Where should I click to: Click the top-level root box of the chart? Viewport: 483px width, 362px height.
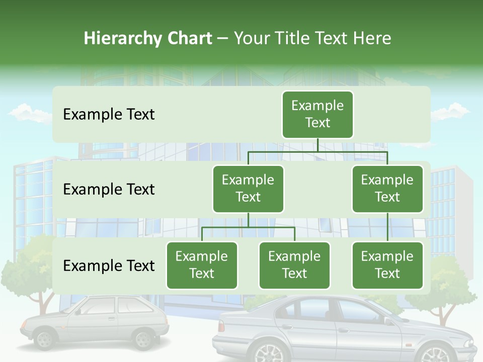[x=317, y=114]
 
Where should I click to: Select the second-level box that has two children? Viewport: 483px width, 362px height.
[x=248, y=189]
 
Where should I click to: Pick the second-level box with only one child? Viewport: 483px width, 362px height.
[x=387, y=189]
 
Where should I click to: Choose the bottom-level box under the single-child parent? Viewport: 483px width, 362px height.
[x=387, y=265]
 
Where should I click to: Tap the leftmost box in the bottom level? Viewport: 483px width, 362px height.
[x=202, y=265]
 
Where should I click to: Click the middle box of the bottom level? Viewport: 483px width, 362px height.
[x=294, y=265]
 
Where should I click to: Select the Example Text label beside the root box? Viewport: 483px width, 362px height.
[x=109, y=115]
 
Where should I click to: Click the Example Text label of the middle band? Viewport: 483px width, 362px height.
[x=109, y=190]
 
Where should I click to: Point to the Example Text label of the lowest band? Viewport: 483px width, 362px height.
[x=109, y=265]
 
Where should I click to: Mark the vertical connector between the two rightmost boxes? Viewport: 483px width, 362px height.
[x=387, y=227]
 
